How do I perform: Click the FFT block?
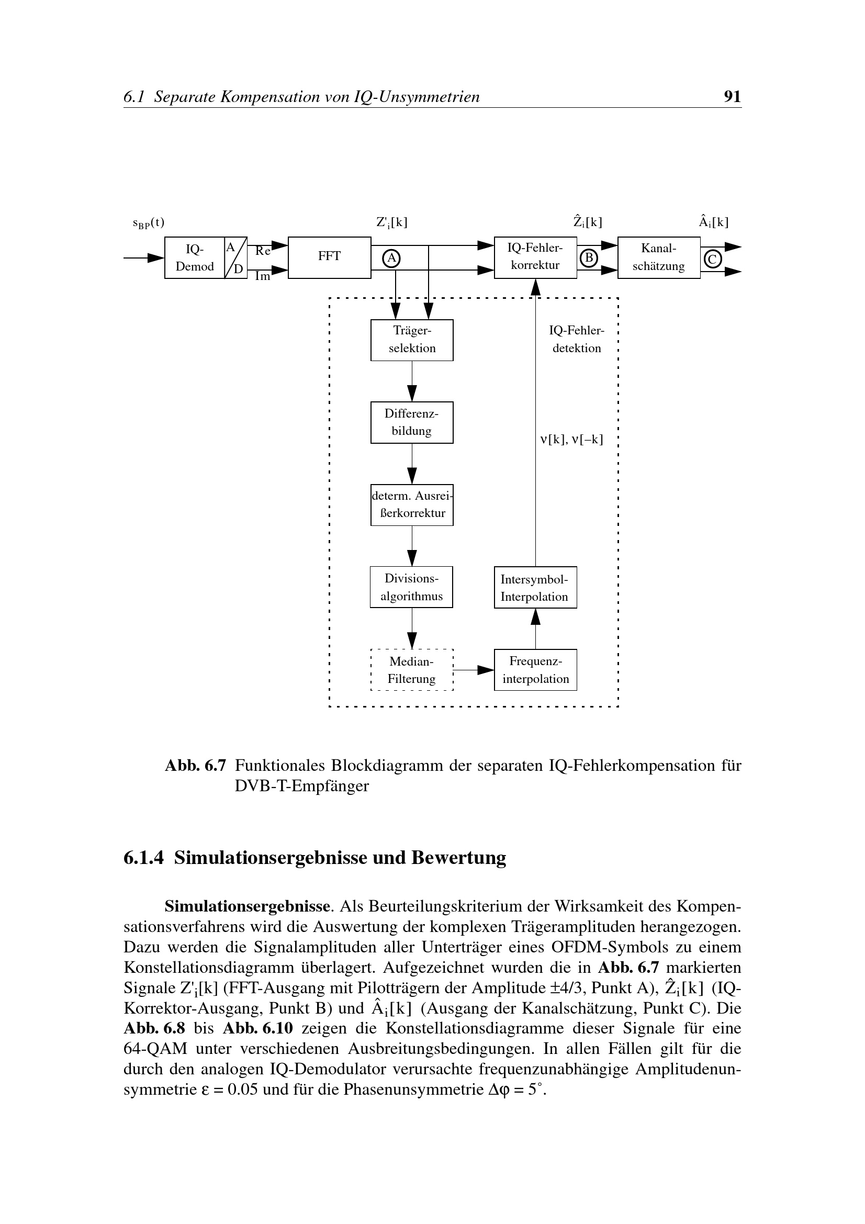click(x=329, y=257)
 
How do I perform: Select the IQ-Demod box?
click(x=195, y=257)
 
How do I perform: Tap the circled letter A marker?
click(x=392, y=258)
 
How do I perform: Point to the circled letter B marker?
click(x=589, y=258)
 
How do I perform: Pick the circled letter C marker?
click(x=713, y=259)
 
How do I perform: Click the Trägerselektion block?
click(x=411, y=340)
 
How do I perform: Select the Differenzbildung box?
click(x=411, y=422)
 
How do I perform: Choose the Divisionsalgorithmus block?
click(x=411, y=587)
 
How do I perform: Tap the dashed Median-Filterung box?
click(x=411, y=670)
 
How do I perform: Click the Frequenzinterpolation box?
click(x=535, y=670)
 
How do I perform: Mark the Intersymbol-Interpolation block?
click(x=535, y=588)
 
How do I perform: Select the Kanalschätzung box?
click(x=659, y=257)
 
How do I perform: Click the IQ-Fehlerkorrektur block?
click(x=535, y=257)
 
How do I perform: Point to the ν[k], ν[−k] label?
click(x=571, y=440)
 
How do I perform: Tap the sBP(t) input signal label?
click(x=148, y=223)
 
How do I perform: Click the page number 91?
click(x=732, y=96)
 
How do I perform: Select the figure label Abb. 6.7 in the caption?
click(x=195, y=766)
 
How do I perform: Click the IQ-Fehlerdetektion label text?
click(x=577, y=340)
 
